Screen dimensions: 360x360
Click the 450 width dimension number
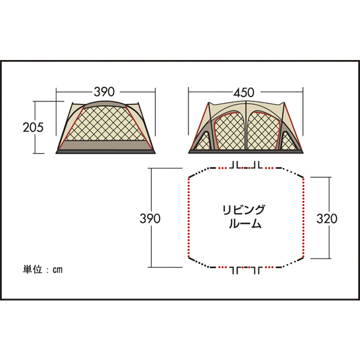point(244,92)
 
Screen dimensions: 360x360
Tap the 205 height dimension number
point(33,127)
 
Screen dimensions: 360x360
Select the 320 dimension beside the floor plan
point(327,218)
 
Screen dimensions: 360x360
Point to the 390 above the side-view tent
point(104,92)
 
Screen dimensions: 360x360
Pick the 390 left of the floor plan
point(150,218)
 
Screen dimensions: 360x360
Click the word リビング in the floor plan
point(244,210)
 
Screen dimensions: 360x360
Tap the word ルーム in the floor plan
point(245,224)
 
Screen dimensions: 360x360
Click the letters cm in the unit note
point(58,270)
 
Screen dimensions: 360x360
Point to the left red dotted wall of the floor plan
point(189,218)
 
